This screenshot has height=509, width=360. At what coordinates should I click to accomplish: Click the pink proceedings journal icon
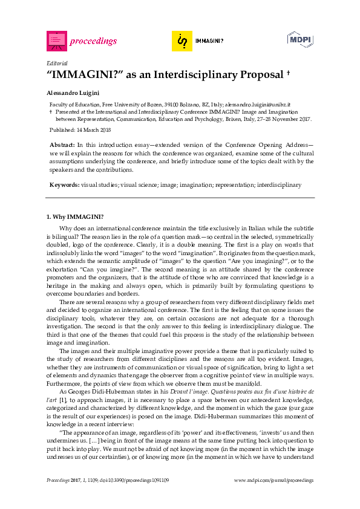click(x=56, y=41)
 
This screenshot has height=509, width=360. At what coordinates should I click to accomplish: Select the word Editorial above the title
click(x=57, y=63)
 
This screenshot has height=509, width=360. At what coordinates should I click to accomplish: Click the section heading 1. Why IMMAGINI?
click(x=75, y=216)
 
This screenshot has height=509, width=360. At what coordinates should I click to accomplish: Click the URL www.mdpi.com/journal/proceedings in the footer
click(x=273, y=480)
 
